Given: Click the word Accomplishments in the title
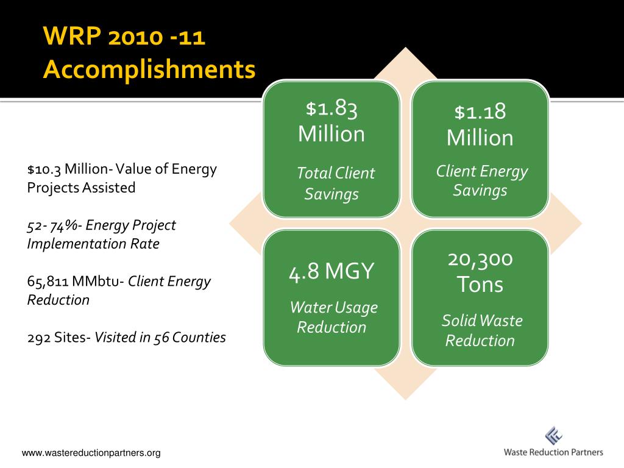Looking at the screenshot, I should pos(149,69).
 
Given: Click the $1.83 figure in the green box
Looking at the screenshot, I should pos(331,108).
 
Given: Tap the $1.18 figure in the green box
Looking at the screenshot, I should pos(480,112).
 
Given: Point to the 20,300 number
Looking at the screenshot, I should pos(480,260).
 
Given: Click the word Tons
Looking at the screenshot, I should pos(480,284).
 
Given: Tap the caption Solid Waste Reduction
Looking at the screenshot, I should pos(481,330).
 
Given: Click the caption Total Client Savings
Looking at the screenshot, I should pos(335,183).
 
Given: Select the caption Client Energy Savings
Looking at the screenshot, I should pos(481,180).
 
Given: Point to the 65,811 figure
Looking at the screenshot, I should pos(48,282).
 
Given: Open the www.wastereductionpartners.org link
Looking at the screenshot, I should pos(91,453).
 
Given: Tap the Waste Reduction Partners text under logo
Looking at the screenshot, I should pos(553,452).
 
